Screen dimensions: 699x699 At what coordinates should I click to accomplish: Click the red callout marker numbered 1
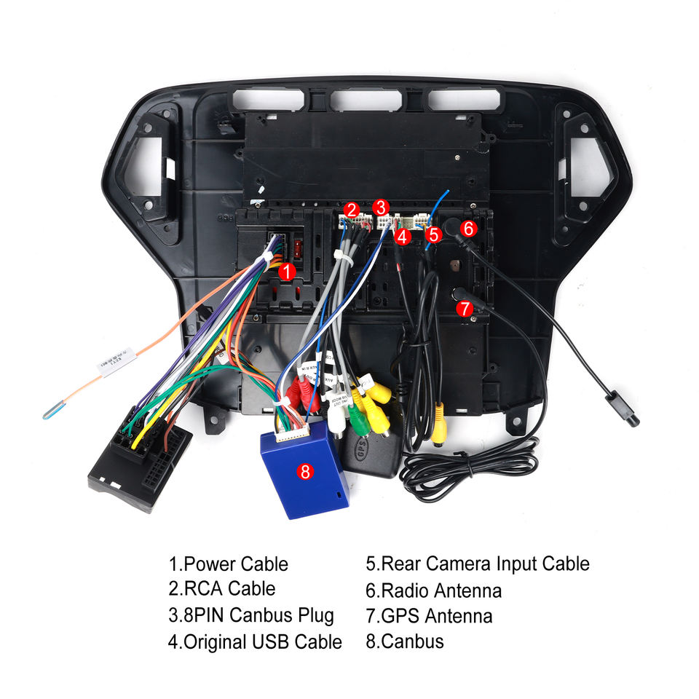288,272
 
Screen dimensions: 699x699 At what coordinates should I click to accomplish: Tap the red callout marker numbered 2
352,210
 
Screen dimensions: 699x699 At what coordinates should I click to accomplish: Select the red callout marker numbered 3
382,208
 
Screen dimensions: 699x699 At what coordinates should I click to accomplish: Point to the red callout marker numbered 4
403,236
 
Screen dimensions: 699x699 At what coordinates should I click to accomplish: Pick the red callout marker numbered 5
434,234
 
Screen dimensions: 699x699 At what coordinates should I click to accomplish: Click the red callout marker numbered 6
468,228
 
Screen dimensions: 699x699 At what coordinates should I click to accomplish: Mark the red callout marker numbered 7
465,308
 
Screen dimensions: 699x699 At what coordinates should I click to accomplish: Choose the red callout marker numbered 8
305,471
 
